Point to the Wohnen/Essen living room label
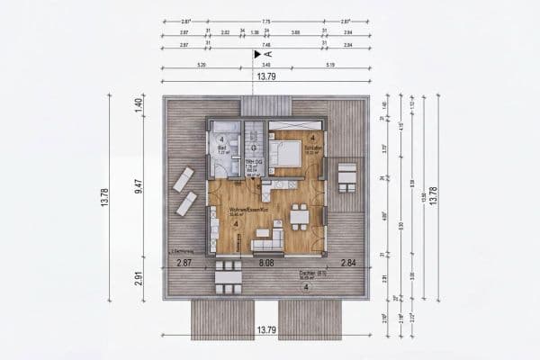click(x=221, y=210)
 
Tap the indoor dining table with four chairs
click(x=300, y=217)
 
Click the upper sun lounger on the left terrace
click(x=183, y=178)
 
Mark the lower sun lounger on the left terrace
click(x=186, y=203)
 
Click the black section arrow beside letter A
click(x=256, y=54)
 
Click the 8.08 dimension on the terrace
click(x=266, y=263)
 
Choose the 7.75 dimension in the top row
click(x=266, y=21)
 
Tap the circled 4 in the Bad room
click(x=221, y=139)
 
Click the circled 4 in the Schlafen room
click(x=311, y=138)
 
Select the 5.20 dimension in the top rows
click(x=200, y=65)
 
